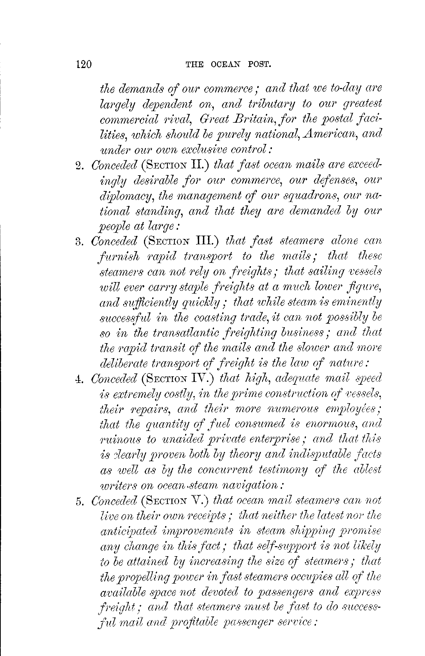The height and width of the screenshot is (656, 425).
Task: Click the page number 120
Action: tap(83, 64)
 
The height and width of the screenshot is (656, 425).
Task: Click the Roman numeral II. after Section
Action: tap(200, 165)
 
